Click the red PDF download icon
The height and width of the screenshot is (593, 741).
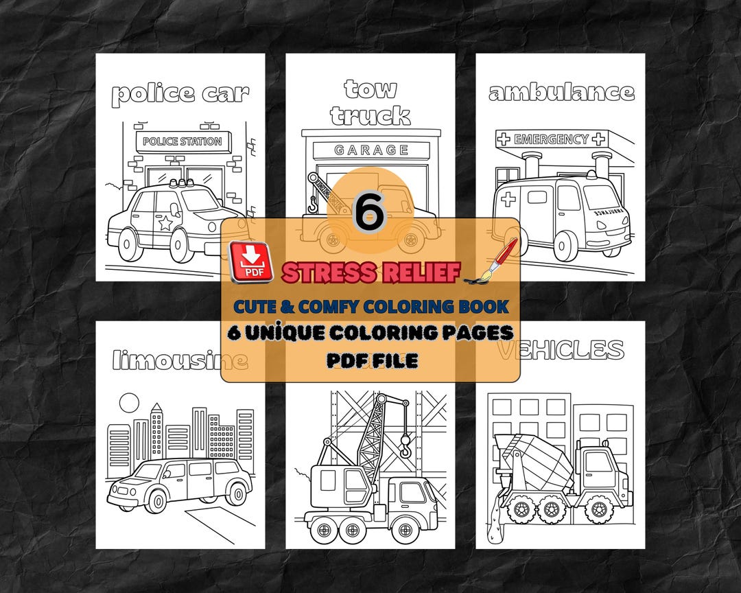tap(251, 262)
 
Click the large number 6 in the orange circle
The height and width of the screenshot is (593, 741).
tap(369, 214)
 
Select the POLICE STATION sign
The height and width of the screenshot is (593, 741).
tap(183, 142)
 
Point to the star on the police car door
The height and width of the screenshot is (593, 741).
tap(165, 222)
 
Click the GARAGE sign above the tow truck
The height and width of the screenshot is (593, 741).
tap(371, 150)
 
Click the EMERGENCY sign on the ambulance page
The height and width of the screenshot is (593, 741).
tap(552, 139)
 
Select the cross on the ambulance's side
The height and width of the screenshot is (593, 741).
tap(509, 199)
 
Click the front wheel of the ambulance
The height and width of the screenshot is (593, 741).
tap(566, 245)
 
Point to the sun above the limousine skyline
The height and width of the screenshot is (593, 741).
tap(128, 402)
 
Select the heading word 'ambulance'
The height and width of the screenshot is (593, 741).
tap(561, 92)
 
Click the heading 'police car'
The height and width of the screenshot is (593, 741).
tap(180, 93)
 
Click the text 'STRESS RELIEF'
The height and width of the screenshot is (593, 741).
tap(370, 272)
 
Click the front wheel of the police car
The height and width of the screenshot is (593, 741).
tap(180, 246)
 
